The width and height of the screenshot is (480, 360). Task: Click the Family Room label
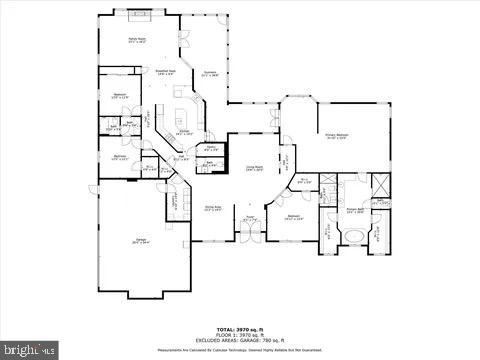coord(137,40)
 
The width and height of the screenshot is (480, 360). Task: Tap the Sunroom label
coord(211,74)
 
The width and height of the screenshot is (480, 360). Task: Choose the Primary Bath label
coord(355,211)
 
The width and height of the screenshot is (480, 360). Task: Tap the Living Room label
coord(255,169)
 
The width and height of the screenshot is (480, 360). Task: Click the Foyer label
coord(250,219)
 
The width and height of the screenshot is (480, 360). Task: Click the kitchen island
coord(181,108)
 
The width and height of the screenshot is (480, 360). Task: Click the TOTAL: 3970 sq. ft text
coord(239,328)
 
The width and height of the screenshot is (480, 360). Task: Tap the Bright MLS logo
coord(31,349)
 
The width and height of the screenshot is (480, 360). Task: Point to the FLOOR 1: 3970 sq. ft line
coord(239,334)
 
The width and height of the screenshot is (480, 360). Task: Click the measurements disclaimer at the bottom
coord(239,349)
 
